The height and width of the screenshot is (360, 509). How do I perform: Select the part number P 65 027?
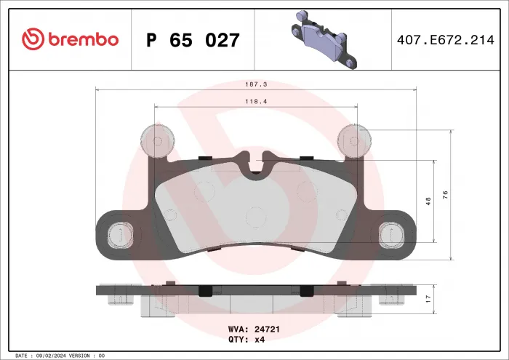(193, 40)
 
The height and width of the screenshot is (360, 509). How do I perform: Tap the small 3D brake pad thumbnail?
(320, 39)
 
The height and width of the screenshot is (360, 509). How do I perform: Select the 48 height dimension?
(428, 200)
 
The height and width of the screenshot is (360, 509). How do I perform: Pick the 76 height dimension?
(445, 193)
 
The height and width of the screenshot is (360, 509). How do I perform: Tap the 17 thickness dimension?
(428, 299)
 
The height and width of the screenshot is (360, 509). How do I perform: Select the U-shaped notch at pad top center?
(255, 167)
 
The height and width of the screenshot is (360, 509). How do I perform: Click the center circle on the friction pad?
(255, 216)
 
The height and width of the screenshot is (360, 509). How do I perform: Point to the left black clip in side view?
(206, 290)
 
